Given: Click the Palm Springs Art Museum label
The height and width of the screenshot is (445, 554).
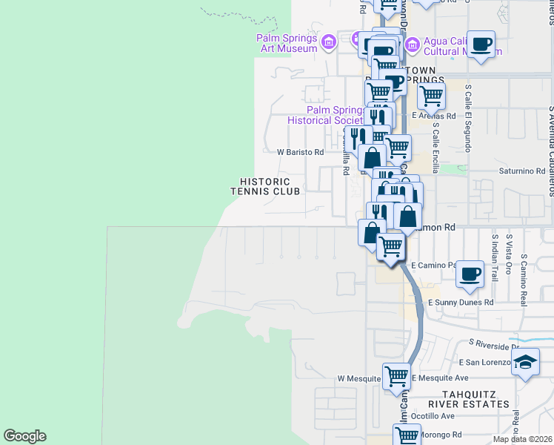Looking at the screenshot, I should click(x=287, y=43).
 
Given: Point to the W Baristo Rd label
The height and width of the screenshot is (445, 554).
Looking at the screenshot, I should click(x=300, y=152).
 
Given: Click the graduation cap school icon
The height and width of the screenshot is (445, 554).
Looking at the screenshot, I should click(x=525, y=363).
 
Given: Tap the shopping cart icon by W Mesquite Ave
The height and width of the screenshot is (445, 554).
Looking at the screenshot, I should click(x=396, y=376).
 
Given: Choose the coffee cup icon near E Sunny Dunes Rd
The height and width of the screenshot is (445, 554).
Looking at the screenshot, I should click(x=470, y=274).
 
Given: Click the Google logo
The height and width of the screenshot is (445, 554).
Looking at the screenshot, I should click(x=24, y=436).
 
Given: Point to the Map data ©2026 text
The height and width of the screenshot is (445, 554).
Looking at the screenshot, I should click(x=521, y=439).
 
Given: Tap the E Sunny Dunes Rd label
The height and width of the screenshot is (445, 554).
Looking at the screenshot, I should click(x=461, y=303).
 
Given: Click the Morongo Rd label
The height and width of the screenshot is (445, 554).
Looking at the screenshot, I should click(x=441, y=435).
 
